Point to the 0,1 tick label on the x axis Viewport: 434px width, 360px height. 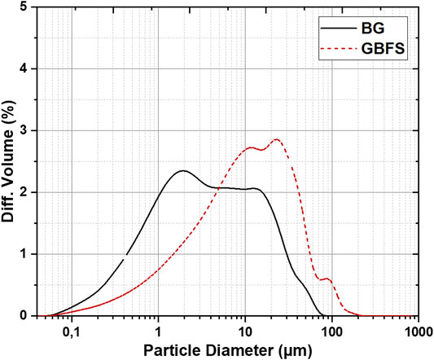(72, 331)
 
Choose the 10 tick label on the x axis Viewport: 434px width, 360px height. (245, 331)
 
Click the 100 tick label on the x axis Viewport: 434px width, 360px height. (331, 331)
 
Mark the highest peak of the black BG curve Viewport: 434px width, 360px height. (182, 170)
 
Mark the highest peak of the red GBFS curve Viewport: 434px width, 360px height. (277, 139)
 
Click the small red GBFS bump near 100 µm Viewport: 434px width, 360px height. (327, 279)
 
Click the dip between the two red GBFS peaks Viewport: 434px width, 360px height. (261, 150)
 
